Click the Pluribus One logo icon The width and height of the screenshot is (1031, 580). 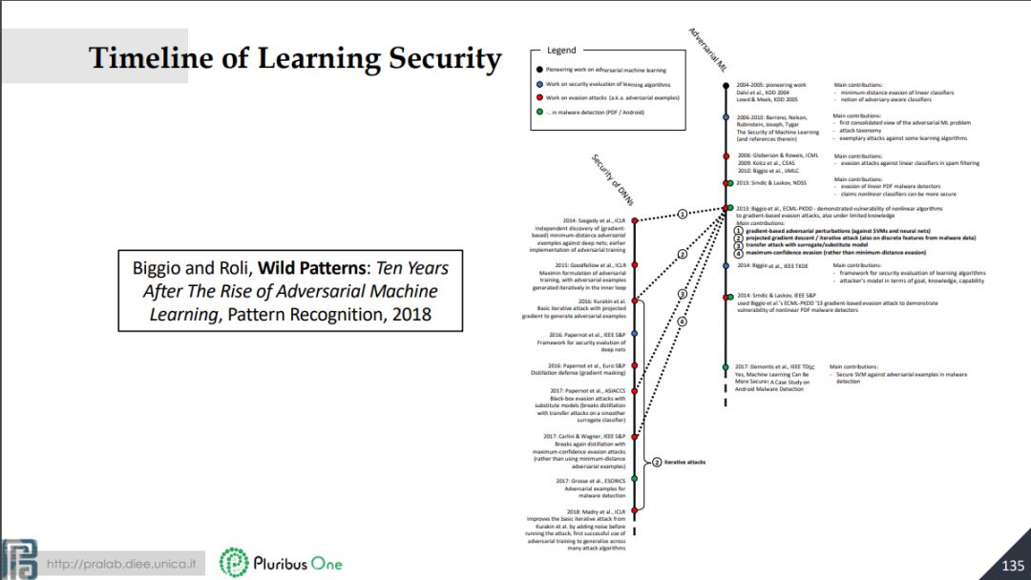pyautogui.click(x=234, y=563)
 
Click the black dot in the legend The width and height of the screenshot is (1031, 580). pyautogui.click(x=539, y=70)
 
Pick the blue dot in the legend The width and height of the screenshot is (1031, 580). pyautogui.click(x=539, y=84)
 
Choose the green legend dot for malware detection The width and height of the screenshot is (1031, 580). pyautogui.click(x=539, y=112)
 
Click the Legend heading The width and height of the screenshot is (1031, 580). pyautogui.click(x=560, y=51)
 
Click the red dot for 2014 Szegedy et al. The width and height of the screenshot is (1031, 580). pyautogui.click(x=635, y=220)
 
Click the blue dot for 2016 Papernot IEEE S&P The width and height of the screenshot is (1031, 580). pyautogui.click(x=635, y=335)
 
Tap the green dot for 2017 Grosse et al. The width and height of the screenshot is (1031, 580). pyautogui.click(x=635, y=481)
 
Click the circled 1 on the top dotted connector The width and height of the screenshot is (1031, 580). pyautogui.click(x=682, y=214)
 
